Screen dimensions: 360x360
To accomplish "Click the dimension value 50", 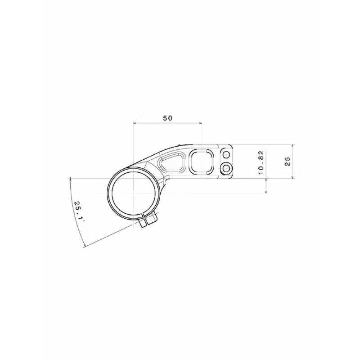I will point(168,118).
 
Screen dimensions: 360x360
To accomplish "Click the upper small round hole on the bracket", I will point(226,155).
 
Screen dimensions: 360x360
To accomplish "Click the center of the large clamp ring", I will point(134,195).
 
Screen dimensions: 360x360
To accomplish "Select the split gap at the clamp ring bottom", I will point(147,220).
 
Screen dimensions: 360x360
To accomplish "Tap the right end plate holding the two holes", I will point(226,162).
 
